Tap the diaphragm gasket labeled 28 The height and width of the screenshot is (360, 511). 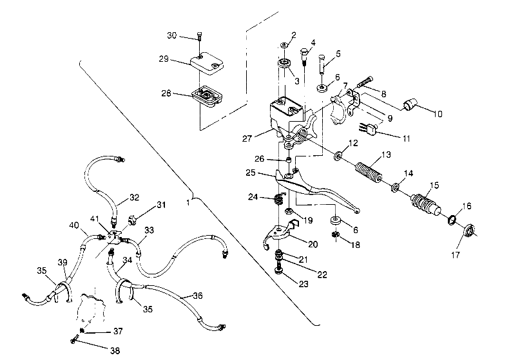[x=206, y=97]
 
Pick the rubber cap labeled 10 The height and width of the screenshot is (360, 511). [x=411, y=106]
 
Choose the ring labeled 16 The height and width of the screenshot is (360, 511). [x=454, y=220]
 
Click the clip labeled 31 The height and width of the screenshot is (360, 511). [x=130, y=220]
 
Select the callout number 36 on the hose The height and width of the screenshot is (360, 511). [x=197, y=295]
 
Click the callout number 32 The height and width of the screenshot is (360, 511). [x=134, y=197]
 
